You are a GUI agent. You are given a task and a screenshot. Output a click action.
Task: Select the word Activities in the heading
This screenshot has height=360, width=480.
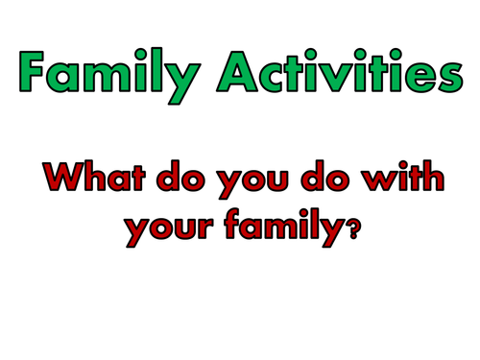point(340,69)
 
